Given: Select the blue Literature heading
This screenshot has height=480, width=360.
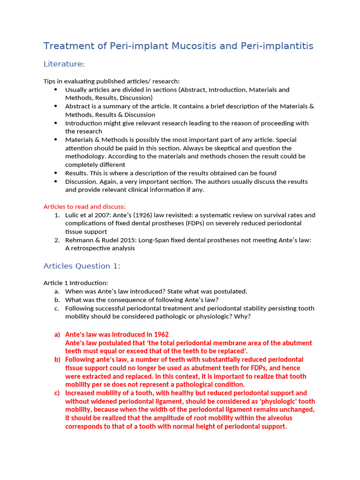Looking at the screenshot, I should coord(62,64).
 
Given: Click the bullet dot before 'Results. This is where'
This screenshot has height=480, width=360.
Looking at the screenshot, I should coord(55,173).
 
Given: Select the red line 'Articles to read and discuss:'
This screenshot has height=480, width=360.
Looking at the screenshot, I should coord(84,207).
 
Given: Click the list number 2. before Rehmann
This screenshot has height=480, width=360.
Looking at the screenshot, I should coord(57,240).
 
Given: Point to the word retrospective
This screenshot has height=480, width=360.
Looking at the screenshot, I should coord(92,248).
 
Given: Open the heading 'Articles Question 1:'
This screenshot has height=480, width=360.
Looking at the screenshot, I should coord(82,266).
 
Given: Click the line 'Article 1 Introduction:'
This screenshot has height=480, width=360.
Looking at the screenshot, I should coord(75,283).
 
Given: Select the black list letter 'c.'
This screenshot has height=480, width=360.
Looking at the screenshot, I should coord(57,308).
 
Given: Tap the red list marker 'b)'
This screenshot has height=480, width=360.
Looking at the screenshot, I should coord(57,360).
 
